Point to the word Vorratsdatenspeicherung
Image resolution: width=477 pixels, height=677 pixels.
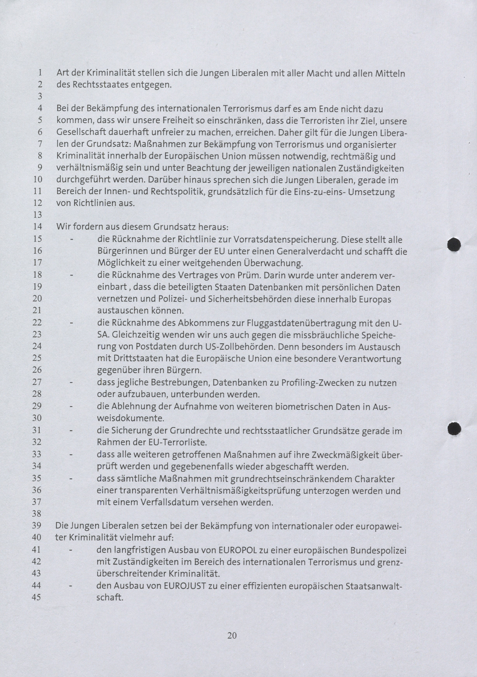click(285, 240)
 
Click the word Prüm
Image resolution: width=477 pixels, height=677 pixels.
click(248, 275)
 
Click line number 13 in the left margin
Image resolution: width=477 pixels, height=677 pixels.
click(37, 215)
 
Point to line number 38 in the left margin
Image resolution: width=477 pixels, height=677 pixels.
click(37, 514)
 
